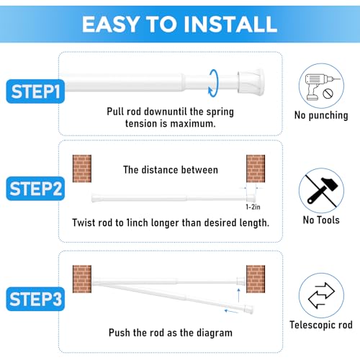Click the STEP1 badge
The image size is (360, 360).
pos(35,91)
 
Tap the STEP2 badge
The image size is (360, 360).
pos(35,189)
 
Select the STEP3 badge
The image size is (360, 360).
pos(35,299)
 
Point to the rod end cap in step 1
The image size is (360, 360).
pos(251,81)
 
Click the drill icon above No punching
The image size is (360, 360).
pos(321,86)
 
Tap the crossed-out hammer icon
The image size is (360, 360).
pos(321,191)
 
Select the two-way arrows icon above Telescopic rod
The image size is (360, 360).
pos(321,295)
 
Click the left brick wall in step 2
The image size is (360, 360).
pos(82,168)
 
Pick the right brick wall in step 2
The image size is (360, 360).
pos(256,168)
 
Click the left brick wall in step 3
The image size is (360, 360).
pos(82,279)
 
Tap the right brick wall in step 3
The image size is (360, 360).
pos(256,279)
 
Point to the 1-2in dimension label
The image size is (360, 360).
pos(253,207)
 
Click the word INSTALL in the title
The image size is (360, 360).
pos(230,24)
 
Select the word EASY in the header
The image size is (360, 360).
pos(111,24)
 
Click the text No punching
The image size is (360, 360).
pos(321,115)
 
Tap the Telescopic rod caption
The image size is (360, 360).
pos(321,325)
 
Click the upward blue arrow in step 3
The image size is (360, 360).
pos(238,295)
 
